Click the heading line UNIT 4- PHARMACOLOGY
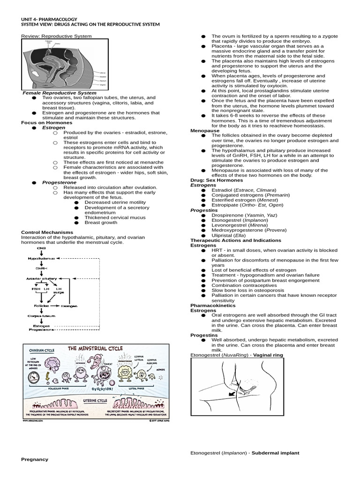[x=49, y=19]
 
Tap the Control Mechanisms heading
[x=47, y=232]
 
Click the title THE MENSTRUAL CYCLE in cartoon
[x=96, y=349]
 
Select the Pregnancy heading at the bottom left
[x=35, y=459]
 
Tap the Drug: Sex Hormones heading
[x=217, y=180]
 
